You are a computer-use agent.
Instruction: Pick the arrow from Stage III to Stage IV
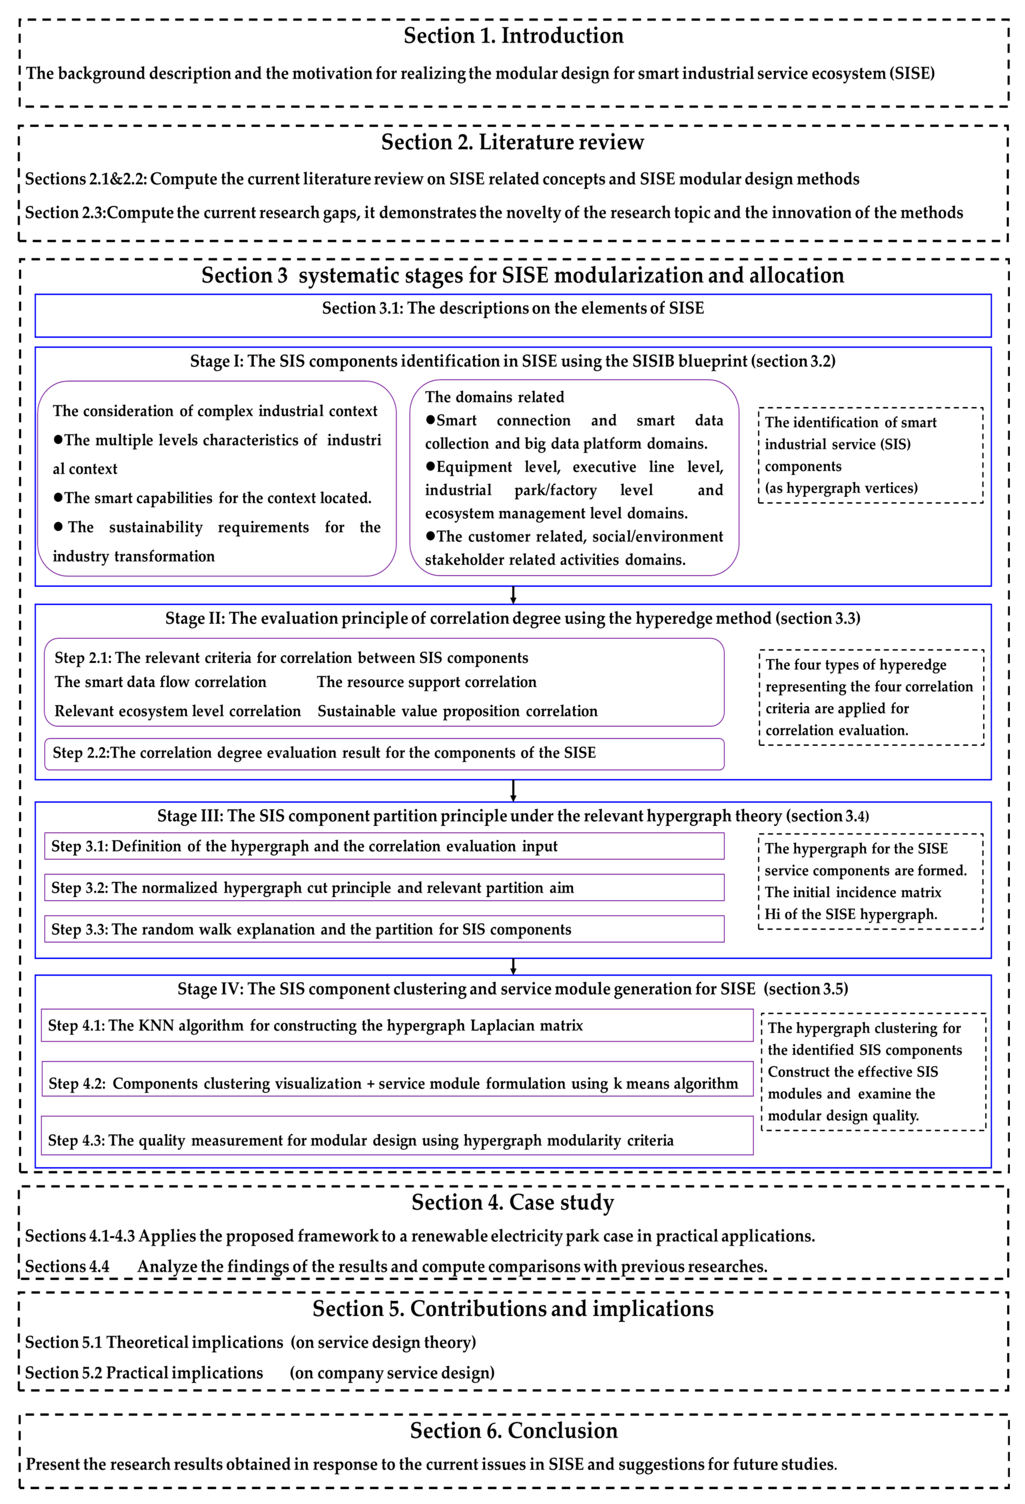(513, 966)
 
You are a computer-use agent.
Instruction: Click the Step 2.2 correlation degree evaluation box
(384, 753)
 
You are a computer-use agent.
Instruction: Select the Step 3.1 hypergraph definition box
(384, 846)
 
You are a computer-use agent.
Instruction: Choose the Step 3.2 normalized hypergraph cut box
(384, 887)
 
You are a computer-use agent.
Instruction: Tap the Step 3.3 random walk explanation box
(384, 929)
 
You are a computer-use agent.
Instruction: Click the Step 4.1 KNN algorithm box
(397, 1025)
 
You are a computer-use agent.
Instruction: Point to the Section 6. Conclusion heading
(514, 1430)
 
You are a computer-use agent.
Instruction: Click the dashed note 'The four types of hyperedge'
(871, 697)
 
